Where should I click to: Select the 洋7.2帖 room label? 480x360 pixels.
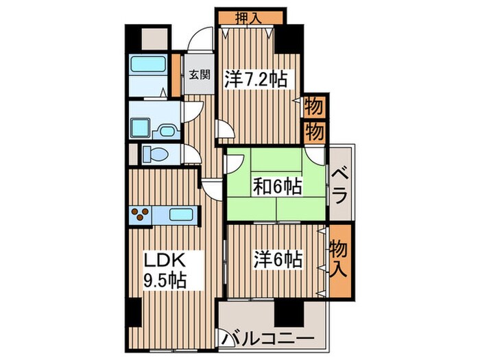tap(254, 80)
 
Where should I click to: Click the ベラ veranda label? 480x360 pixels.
tap(341, 184)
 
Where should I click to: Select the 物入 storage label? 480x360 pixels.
tap(339, 259)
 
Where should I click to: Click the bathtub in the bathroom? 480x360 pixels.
tap(150, 67)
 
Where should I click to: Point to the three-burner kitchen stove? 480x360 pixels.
tap(141, 215)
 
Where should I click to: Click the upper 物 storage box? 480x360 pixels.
tap(315, 107)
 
